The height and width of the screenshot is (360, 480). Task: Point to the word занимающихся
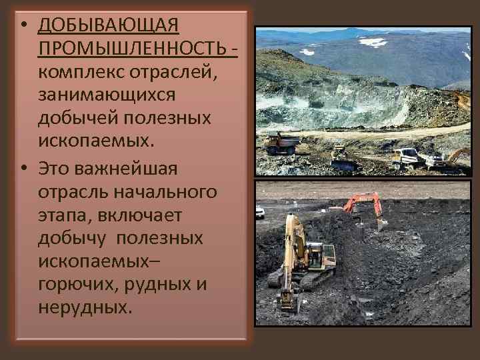107,94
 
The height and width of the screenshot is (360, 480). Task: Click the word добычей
77,117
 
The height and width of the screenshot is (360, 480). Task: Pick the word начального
166,192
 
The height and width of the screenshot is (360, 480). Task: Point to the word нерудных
86,307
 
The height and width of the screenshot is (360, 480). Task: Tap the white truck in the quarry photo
407,157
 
